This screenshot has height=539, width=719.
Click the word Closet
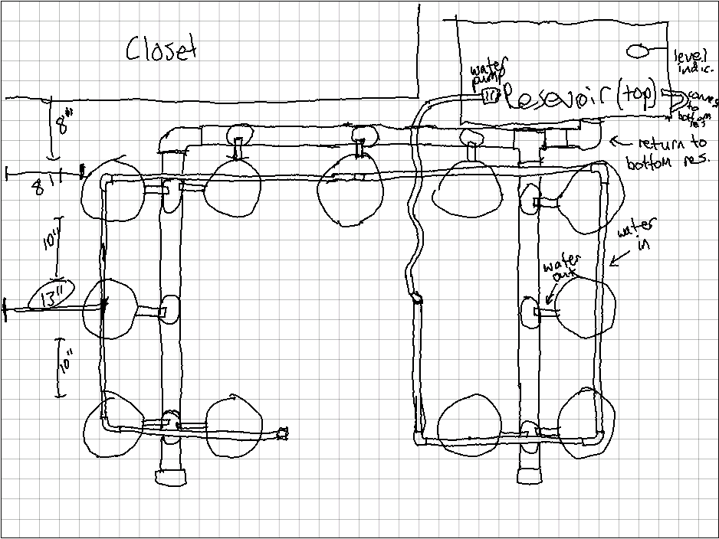(x=162, y=48)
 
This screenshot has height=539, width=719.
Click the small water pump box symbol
(x=491, y=96)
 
